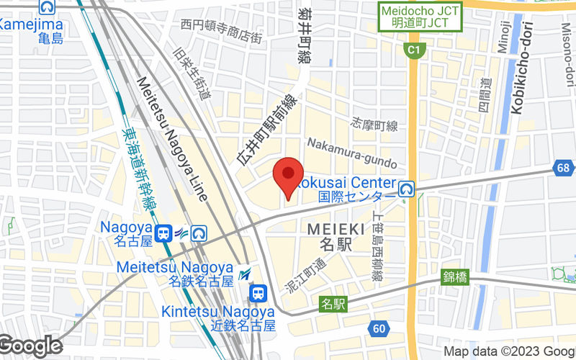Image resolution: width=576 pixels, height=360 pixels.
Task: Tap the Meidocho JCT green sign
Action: [420, 16]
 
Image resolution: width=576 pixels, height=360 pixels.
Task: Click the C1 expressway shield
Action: [413, 50]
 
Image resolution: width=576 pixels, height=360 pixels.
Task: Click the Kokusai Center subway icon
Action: [406, 189]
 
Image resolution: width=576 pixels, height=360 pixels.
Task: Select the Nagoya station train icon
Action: [165, 233]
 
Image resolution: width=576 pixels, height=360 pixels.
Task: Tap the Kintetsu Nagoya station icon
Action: [258, 292]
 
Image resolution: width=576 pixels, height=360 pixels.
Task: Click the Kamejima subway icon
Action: [49, 8]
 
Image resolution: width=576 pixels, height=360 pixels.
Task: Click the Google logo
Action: [30, 346]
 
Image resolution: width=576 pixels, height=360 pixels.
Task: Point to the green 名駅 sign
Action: [334, 304]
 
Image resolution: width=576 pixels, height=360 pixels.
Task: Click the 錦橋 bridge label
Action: [456, 276]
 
